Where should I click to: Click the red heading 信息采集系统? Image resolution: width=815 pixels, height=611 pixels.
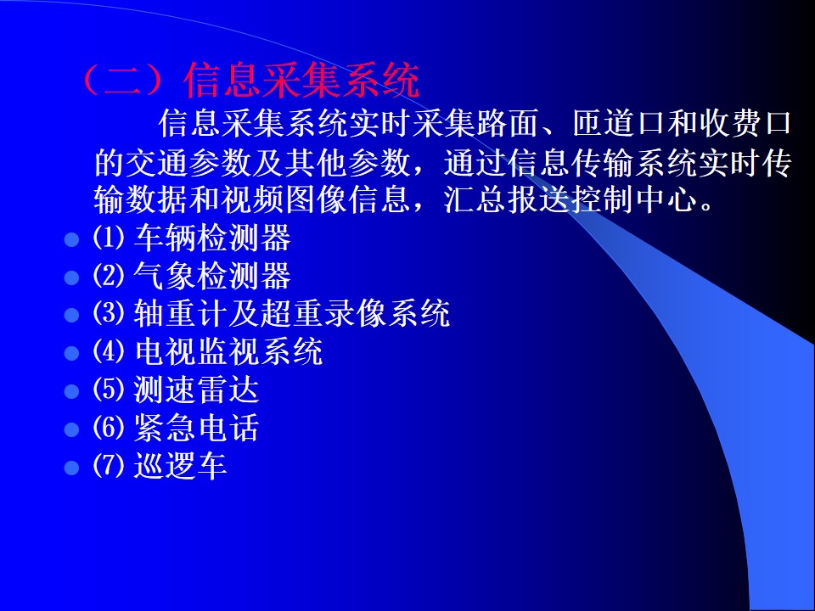click(301, 81)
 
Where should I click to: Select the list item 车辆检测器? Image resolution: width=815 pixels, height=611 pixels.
click(212, 238)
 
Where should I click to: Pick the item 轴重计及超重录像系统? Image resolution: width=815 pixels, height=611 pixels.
click(291, 313)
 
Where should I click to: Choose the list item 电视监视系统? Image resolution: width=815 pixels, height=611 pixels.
click(228, 351)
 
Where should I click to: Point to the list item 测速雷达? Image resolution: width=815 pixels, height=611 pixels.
click(196, 390)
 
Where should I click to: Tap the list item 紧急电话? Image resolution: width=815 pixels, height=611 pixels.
click(196, 427)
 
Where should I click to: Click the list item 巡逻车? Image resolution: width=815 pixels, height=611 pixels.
click(180, 465)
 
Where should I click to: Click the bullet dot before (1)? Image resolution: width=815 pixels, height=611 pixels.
click(71, 239)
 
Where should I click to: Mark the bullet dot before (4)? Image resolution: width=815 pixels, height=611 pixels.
click(71, 353)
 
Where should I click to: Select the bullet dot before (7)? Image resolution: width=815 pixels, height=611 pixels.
click(71, 468)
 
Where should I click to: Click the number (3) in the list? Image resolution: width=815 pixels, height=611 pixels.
click(109, 313)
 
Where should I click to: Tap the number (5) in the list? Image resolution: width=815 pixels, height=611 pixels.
click(109, 390)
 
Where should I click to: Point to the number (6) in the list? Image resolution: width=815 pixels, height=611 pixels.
click(109, 427)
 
